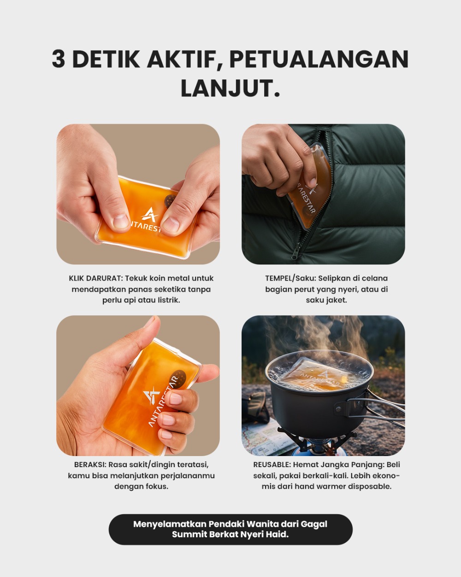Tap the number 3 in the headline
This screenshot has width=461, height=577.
[59, 59]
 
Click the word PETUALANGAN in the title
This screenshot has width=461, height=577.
[319, 59]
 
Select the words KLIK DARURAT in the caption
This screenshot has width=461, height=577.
[95, 278]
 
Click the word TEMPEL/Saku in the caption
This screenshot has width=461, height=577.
[290, 278]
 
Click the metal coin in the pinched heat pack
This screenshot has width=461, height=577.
[169, 200]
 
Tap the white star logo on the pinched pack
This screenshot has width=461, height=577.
[149, 215]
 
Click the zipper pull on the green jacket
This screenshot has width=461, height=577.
[295, 252]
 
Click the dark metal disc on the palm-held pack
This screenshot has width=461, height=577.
[178, 379]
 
